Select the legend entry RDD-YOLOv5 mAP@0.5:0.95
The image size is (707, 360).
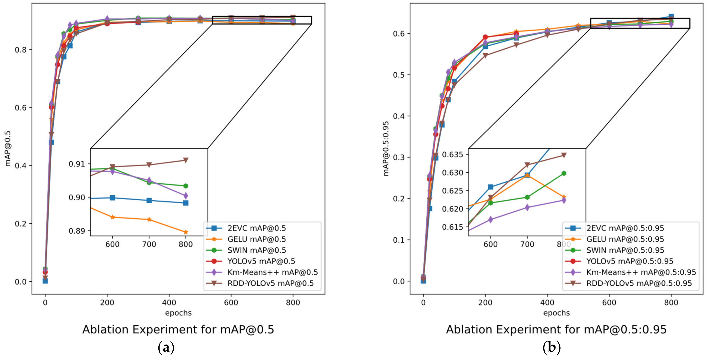point(639,283)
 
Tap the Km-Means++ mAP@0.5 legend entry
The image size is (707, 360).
point(272,272)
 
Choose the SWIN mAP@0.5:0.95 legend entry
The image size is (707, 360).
point(625,250)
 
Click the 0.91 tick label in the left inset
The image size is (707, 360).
point(77,164)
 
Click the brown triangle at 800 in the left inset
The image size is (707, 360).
point(186,160)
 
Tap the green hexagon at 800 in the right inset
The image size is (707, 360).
point(564,173)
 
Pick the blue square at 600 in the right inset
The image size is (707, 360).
point(490,187)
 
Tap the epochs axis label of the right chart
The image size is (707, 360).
point(556,313)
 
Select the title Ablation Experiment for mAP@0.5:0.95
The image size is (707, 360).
point(556,329)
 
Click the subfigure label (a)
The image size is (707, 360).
point(166,348)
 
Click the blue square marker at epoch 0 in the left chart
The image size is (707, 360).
point(45,281)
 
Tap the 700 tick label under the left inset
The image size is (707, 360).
point(149,244)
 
